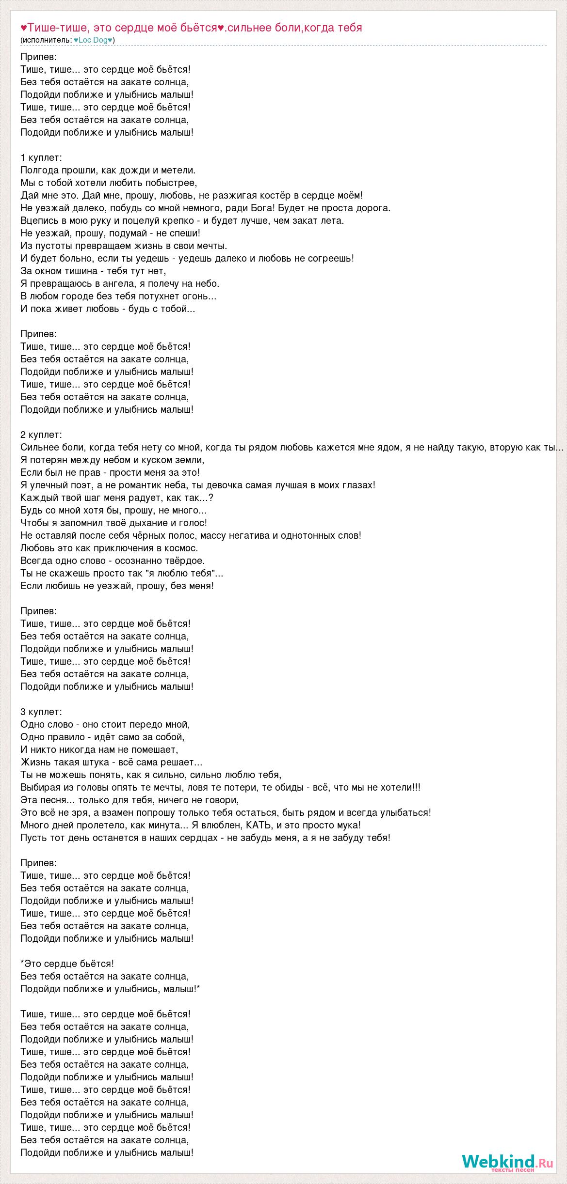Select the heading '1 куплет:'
[x=41, y=157]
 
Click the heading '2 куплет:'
[x=41, y=435]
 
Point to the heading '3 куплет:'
[x=41, y=712]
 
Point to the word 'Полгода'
[x=40, y=170]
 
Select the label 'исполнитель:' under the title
[x=47, y=40]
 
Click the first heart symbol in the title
[x=24, y=28]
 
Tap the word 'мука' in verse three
[x=348, y=825]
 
